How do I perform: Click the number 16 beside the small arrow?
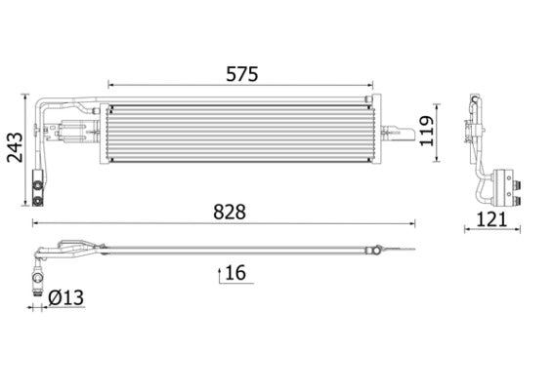pyautogui.click(x=234, y=272)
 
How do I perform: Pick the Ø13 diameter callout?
pyautogui.click(x=61, y=296)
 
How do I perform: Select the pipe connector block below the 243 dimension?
pyautogui.click(x=40, y=188)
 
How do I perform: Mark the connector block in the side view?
pyautogui.click(x=508, y=184)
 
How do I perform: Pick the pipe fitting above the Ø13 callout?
pyautogui.click(x=38, y=276)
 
